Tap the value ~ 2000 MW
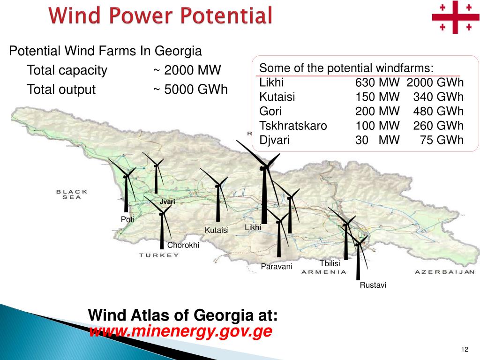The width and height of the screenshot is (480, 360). (187, 71)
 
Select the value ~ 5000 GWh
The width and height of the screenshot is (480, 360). (190, 89)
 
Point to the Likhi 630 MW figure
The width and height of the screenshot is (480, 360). (377, 83)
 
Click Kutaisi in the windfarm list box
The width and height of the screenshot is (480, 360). (277, 97)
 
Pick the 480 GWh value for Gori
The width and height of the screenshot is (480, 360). (438, 112)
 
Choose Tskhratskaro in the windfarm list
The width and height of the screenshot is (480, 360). (293, 126)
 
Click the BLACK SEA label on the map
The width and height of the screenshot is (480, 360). (72, 194)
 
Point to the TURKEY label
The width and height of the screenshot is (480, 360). (159, 255)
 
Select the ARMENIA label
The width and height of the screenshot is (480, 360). (323, 272)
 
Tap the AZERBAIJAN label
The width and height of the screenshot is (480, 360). (444, 272)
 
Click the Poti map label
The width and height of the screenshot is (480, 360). (127, 219)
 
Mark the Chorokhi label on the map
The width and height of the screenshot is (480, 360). (183, 245)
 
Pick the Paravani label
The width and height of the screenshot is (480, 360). (277, 267)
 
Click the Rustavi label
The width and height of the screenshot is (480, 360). (373, 285)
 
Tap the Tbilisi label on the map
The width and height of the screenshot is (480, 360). (330, 263)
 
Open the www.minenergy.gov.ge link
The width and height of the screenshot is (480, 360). (180, 331)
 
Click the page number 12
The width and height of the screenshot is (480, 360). (465, 350)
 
